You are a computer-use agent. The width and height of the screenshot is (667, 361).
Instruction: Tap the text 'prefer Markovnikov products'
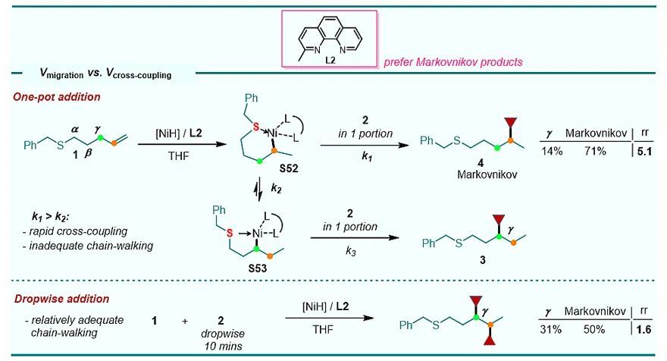(453, 61)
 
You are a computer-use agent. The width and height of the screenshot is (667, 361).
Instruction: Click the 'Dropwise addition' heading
(50, 300)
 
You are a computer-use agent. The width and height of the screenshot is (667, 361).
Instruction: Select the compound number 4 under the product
(460, 165)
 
